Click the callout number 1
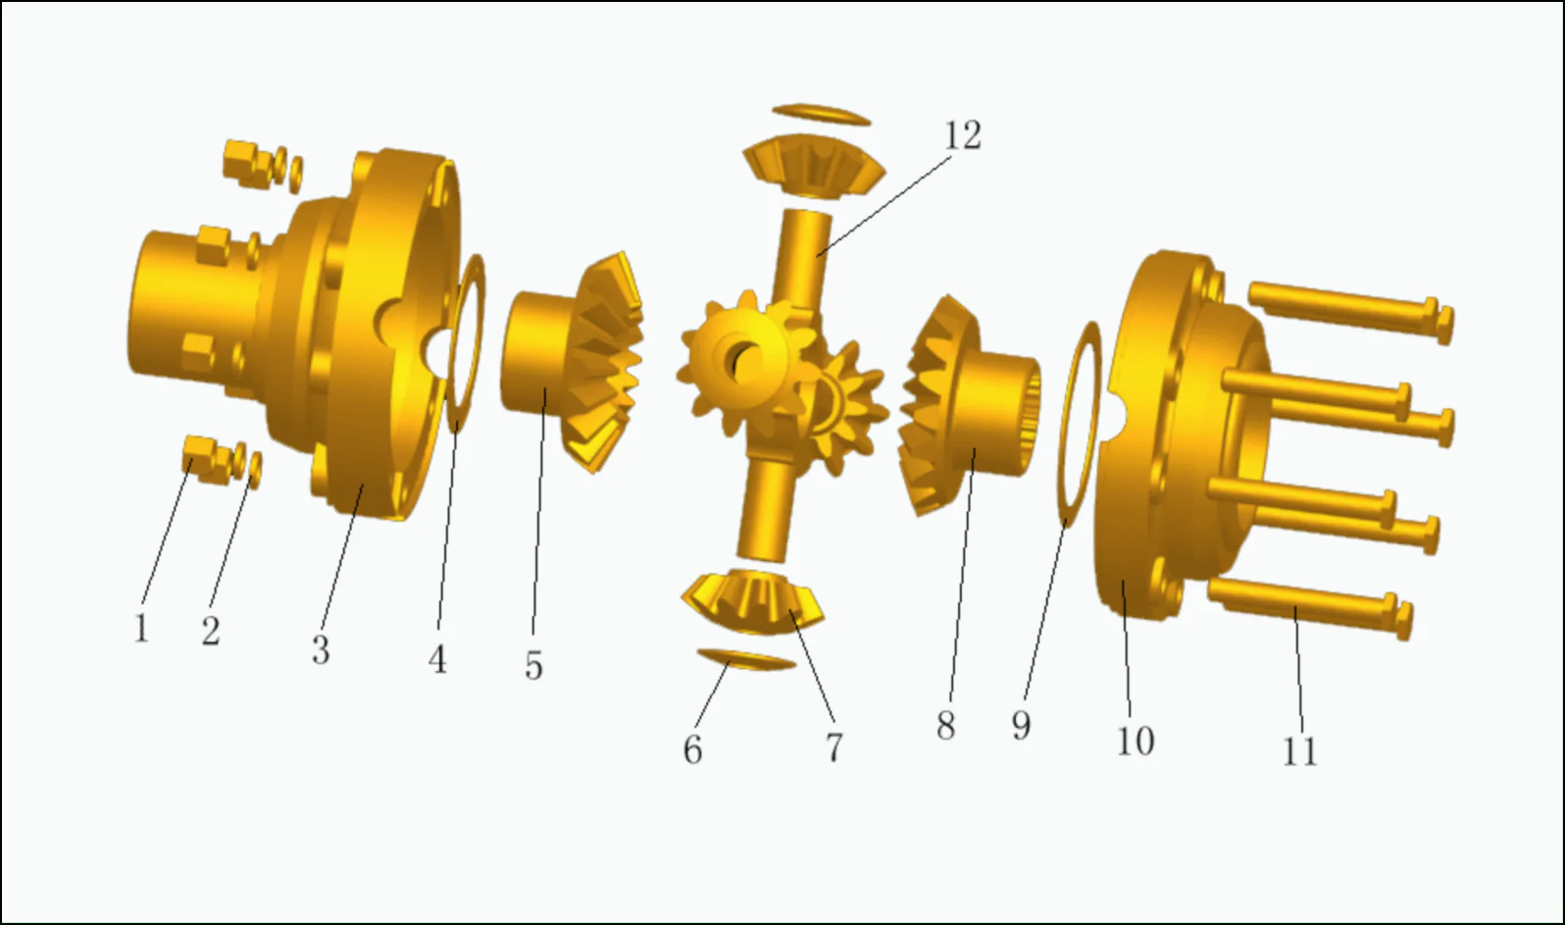point(141,628)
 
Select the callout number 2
point(211,631)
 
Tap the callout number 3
point(321,649)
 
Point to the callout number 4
point(437,659)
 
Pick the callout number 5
point(533,665)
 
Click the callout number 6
point(692,749)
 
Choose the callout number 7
point(833,747)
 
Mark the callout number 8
point(945,726)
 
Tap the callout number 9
point(1021,726)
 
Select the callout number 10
point(1136,741)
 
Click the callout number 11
point(1299,751)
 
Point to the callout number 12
point(962,135)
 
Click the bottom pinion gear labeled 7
point(753,598)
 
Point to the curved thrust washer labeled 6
point(745,658)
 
